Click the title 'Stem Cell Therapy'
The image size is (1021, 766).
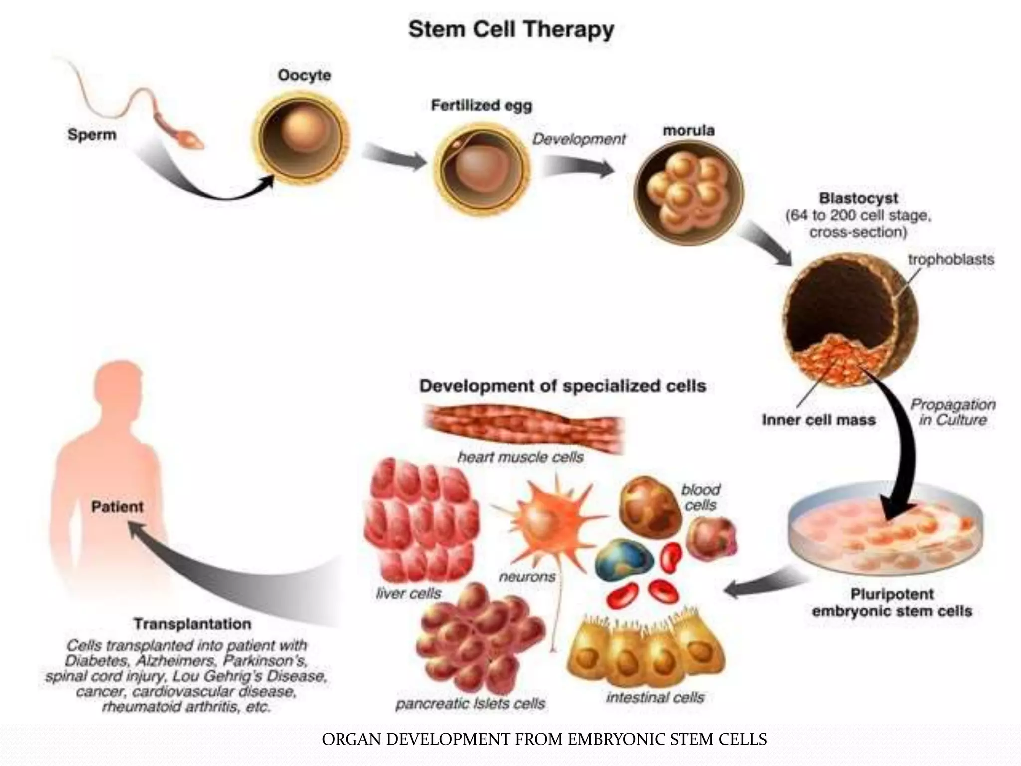[511, 30]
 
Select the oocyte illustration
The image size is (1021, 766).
[301, 135]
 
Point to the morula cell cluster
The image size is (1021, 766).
[688, 192]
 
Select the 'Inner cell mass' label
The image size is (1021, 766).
[819, 420]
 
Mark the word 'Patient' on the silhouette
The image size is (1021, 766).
[117, 507]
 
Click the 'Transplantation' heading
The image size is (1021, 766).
[192, 624]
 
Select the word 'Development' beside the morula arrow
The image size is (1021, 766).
[578, 139]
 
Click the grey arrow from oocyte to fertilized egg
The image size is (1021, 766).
[394, 157]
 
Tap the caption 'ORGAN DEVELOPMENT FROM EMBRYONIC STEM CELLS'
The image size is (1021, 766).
[544, 739]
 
